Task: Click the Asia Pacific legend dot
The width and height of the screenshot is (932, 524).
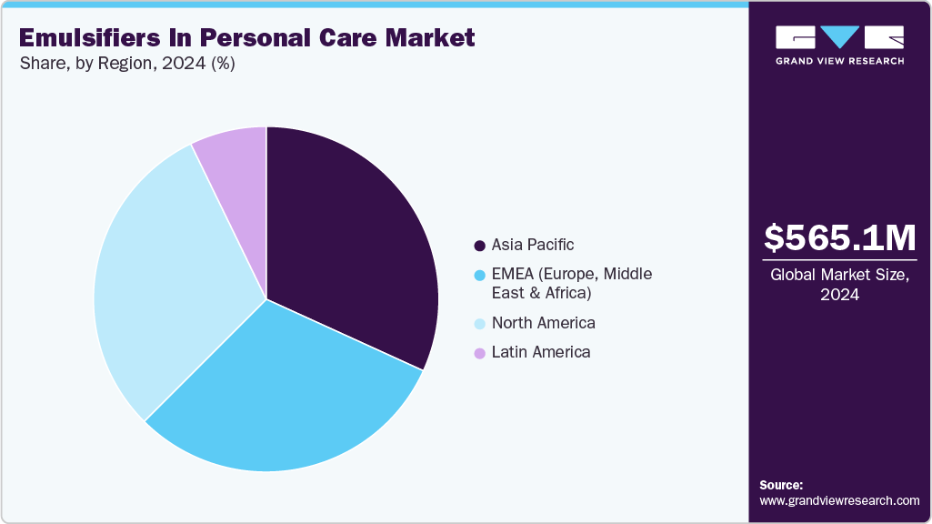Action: (479, 246)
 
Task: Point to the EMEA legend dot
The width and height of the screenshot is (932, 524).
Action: (479, 275)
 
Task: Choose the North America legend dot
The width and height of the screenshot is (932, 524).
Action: (479, 324)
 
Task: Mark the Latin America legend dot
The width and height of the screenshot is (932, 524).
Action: (479, 353)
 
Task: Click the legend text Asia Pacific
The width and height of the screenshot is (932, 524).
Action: (533, 245)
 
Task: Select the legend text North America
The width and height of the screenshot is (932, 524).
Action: (543, 323)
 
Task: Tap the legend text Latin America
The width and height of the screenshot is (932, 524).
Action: (541, 352)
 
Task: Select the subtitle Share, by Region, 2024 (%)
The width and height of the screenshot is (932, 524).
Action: (126, 65)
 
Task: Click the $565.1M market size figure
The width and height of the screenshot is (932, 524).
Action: (839, 237)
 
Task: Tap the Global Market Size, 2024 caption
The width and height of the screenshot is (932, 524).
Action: (839, 284)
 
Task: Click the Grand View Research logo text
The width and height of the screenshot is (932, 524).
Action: (839, 61)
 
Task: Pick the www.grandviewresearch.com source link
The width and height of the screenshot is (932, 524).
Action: (839, 501)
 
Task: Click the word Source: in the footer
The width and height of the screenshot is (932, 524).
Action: (781, 485)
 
